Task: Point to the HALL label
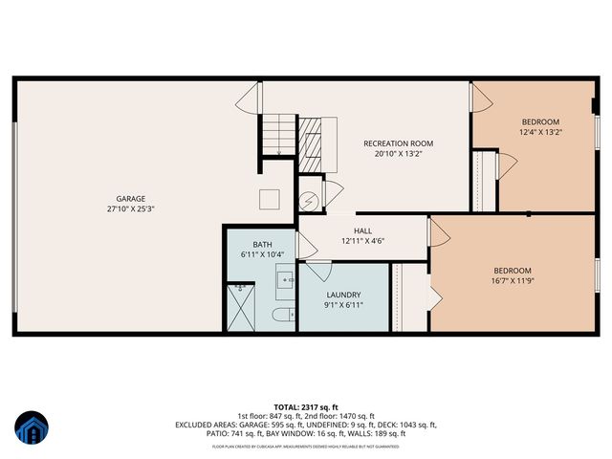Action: pyautogui.click(x=362, y=230)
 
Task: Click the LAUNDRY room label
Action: pyautogui.click(x=342, y=295)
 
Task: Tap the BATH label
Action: pyautogui.click(x=262, y=245)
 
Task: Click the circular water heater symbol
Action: pyautogui.click(x=308, y=200)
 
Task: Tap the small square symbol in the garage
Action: pyautogui.click(x=272, y=199)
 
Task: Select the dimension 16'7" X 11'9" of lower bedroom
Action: pyautogui.click(x=511, y=280)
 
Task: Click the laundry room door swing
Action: pyautogui.click(x=317, y=271)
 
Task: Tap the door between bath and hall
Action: pyautogui.click(x=306, y=246)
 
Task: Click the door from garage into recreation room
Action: pyautogui.click(x=251, y=96)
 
